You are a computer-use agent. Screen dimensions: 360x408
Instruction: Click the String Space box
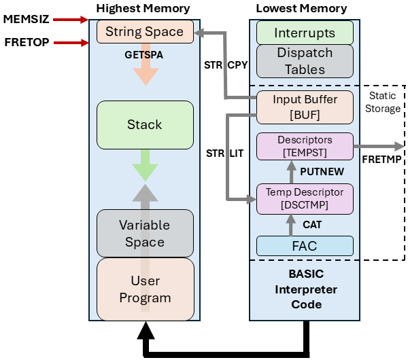pos(144,32)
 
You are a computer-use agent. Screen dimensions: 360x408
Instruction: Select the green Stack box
pos(144,124)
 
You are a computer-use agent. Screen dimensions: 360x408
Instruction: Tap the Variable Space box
pos(144,233)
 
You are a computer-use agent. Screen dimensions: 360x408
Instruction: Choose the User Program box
pos(144,289)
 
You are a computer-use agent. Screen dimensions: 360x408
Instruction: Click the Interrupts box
pos(305,33)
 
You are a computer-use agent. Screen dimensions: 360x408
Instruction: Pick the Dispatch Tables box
pos(305,60)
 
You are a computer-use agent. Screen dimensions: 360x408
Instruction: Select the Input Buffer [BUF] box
pos(305,107)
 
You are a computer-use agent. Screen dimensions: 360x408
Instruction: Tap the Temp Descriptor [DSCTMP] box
pos(305,198)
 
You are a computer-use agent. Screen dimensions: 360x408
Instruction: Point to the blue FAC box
pos(305,246)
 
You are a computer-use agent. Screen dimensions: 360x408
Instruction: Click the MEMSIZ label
pos(26,18)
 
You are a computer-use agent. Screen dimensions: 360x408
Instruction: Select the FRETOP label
pos(26,42)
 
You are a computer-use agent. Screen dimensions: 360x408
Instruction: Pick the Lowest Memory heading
pos(301,9)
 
